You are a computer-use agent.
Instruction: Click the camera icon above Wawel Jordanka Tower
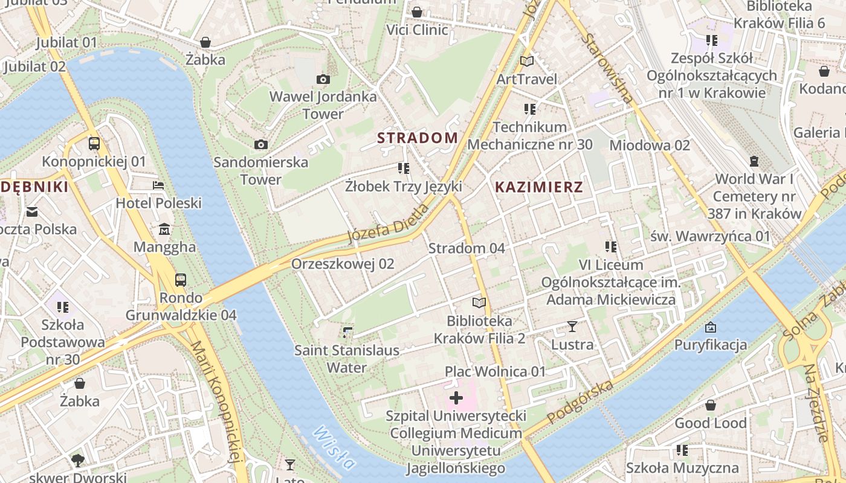[323, 79]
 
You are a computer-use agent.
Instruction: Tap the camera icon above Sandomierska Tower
[261, 144]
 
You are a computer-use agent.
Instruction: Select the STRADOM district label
[418, 138]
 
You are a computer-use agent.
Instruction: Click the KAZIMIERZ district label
[539, 187]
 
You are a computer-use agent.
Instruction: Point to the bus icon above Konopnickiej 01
[94, 144]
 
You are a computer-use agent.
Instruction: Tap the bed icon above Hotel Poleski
[158, 185]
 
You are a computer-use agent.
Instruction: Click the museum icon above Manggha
[164, 229]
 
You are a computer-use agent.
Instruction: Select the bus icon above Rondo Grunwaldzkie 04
[181, 280]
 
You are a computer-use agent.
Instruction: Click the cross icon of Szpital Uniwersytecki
[456, 398]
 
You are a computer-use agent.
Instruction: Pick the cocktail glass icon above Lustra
[572, 327]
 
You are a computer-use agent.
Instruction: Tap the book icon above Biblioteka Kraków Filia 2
[479, 302]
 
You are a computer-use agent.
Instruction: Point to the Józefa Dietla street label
[389, 224]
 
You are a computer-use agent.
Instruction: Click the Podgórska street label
[580, 402]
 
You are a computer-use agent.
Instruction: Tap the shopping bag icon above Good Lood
[711, 405]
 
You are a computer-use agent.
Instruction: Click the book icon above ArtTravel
[527, 61]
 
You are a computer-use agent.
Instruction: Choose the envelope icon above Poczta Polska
[32, 212]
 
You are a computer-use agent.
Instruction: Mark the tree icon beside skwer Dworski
[77, 461]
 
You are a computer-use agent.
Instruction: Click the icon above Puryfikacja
[711, 327]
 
